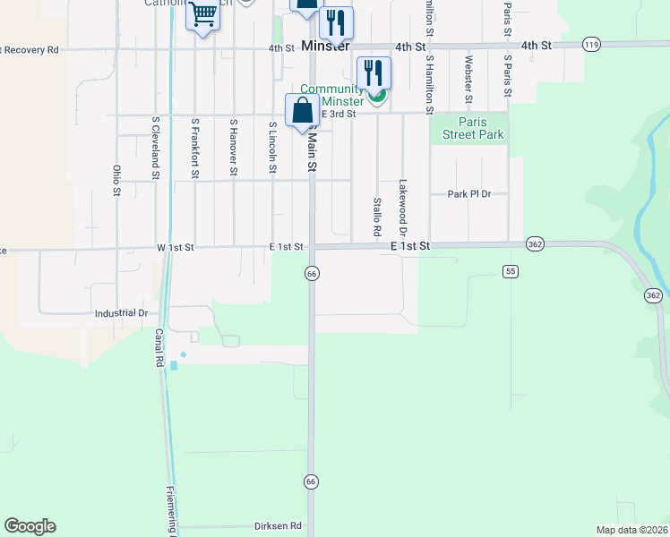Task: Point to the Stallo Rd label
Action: [377, 217]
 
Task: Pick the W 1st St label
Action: [176, 246]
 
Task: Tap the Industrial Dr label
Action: [121, 313]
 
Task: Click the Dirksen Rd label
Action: [278, 526]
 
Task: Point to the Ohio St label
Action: [116, 179]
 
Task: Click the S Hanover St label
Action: [233, 147]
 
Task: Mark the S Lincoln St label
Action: [272, 149]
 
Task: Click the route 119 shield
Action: [590, 44]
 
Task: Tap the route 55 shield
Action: [510, 271]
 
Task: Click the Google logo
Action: [30, 526]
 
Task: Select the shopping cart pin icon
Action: [203, 15]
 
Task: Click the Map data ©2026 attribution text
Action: [632, 530]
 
